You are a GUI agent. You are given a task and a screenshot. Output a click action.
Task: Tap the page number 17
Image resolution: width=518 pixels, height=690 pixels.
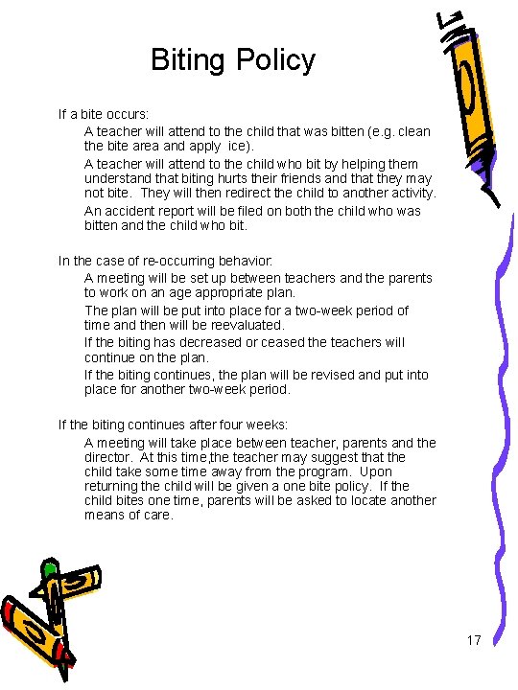pos(474,640)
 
